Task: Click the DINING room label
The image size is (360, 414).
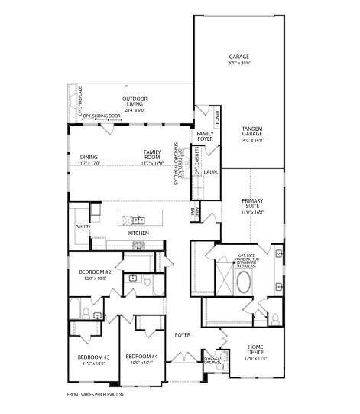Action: pyautogui.click(x=89, y=157)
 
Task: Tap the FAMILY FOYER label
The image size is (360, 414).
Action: pyautogui.click(x=205, y=136)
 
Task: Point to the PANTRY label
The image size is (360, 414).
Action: pyautogui.click(x=83, y=227)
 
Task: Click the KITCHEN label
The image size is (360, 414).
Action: pyautogui.click(x=138, y=233)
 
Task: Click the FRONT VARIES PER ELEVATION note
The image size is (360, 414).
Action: pyautogui.click(x=96, y=395)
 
